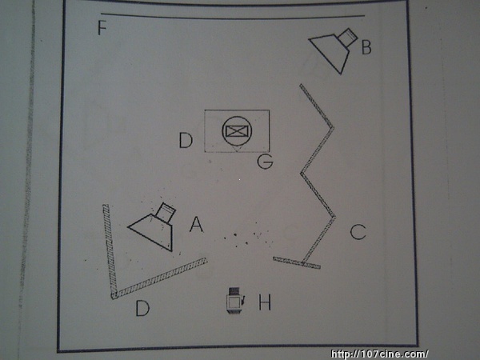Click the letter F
coord(102,27)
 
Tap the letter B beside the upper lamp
coord(366,48)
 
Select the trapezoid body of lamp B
coord(331,53)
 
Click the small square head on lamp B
coord(348,37)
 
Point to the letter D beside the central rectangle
coord(186,141)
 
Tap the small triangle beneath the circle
coord(237,149)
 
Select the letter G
coord(265,162)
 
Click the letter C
coord(358,232)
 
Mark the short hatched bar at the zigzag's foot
coord(297,263)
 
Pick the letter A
coord(196,224)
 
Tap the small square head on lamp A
coord(166,212)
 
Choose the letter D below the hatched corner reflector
coord(142,308)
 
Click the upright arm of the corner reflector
coord(110,250)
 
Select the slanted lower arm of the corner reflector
coord(159,278)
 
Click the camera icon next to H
coord(235,300)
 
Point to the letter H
coord(265,302)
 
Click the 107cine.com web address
coord(379,354)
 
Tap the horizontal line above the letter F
coord(233,16)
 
